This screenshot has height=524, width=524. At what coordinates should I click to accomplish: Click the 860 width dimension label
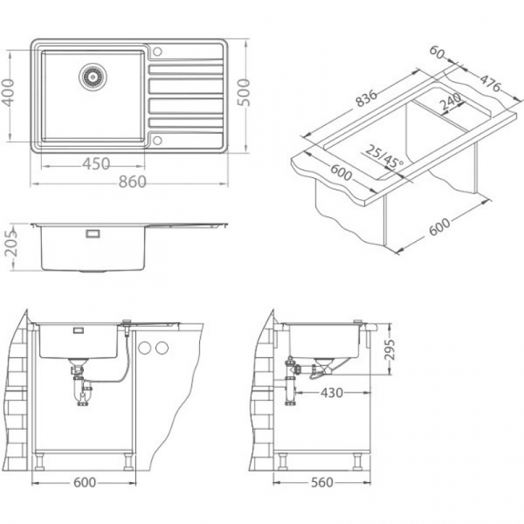[133, 182]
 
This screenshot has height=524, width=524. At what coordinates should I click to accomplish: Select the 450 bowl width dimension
[96, 163]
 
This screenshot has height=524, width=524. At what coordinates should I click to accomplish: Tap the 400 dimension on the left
[8, 92]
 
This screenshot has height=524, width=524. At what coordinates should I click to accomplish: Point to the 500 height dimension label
[244, 92]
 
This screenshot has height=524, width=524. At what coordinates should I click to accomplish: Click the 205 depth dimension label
[11, 243]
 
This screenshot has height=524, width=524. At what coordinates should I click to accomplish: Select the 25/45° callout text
[384, 157]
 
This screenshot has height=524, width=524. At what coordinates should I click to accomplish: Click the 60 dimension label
[437, 52]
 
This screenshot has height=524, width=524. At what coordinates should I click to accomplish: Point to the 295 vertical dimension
[389, 349]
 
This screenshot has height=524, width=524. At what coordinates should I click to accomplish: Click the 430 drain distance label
[331, 393]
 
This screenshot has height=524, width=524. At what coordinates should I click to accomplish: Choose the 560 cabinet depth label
[322, 482]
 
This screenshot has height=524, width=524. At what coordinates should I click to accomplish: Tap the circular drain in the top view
[93, 77]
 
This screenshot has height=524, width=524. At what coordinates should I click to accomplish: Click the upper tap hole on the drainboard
[157, 52]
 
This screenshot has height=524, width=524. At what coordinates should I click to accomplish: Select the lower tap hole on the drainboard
[157, 140]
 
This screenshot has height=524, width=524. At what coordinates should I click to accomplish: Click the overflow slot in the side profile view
[92, 233]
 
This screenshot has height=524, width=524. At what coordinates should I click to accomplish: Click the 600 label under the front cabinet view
[85, 482]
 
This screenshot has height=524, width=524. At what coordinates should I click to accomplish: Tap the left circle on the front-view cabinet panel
[145, 348]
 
